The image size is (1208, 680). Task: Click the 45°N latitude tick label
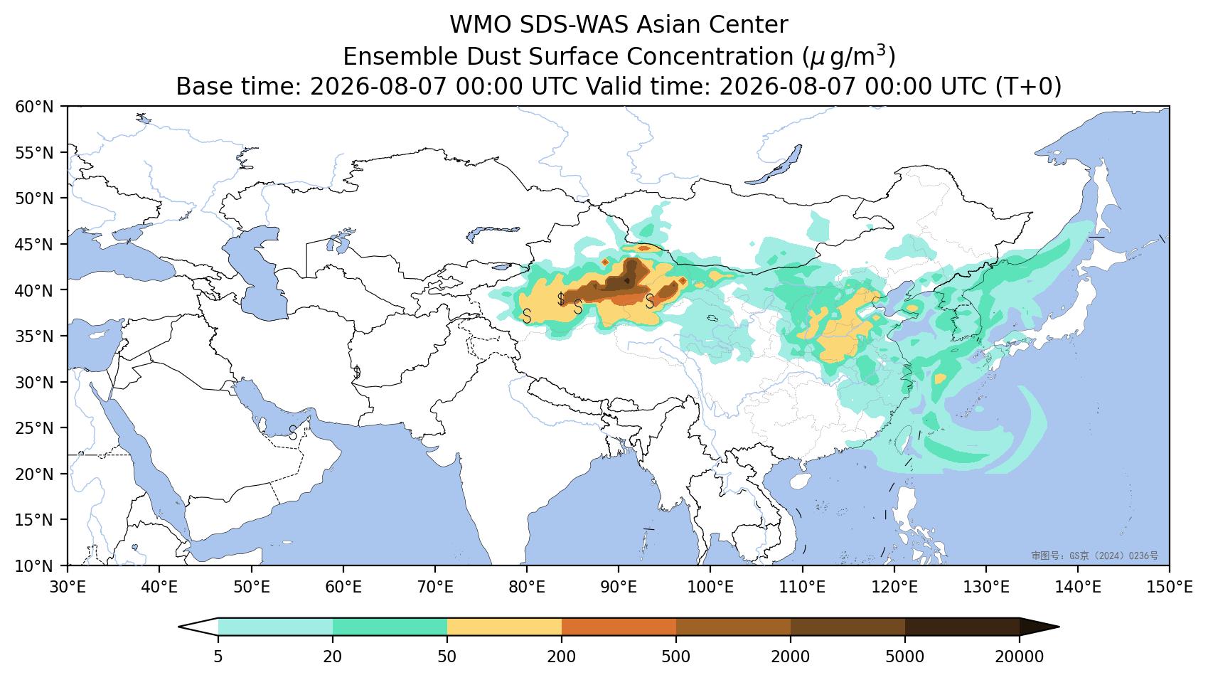tap(34, 245)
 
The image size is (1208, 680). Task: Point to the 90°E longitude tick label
tap(619, 587)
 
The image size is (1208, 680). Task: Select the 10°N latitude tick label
tap(34, 566)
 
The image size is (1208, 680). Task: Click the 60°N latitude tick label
tap(34, 107)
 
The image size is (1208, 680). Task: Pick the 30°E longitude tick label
tap(68, 587)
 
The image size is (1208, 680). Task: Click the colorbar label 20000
tap(1020, 657)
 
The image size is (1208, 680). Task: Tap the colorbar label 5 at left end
tap(218, 657)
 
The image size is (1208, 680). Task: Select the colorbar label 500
tap(675, 657)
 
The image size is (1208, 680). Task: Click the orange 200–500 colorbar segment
tap(619, 627)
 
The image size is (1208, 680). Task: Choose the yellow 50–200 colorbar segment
tap(504, 627)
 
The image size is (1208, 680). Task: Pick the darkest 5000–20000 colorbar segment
tap(962, 627)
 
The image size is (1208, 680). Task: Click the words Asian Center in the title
tap(712, 25)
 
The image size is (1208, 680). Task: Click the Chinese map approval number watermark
tap(1094, 556)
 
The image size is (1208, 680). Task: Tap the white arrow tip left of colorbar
tap(180, 627)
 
